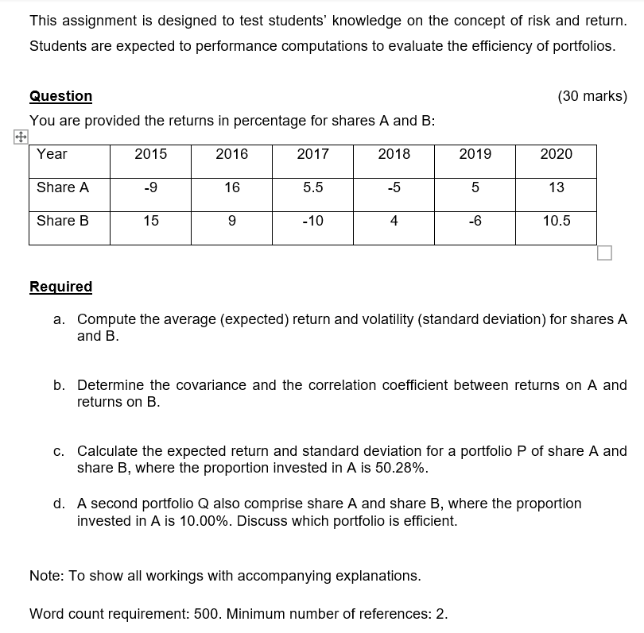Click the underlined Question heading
(x=60, y=96)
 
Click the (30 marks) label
(x=592, y=96)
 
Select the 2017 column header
(x=312, y=154)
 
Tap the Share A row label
(x=63, y=187)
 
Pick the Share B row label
(x=63, y=221)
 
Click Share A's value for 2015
(x=150, y=187)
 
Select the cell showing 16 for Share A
(x=231, y=187)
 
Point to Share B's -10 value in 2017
(x=312, y=221)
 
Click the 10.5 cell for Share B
(x=556, y=221)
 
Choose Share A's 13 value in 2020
(x=556, y=187)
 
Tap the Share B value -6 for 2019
(x=475, y=221)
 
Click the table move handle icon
(x=20, y=137)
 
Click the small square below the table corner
(x=604, y=253)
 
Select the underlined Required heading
(x=60, y=287)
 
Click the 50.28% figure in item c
(x=401, y=468)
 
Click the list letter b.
(x=59, y=385)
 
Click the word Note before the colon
(x=44, y=576)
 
